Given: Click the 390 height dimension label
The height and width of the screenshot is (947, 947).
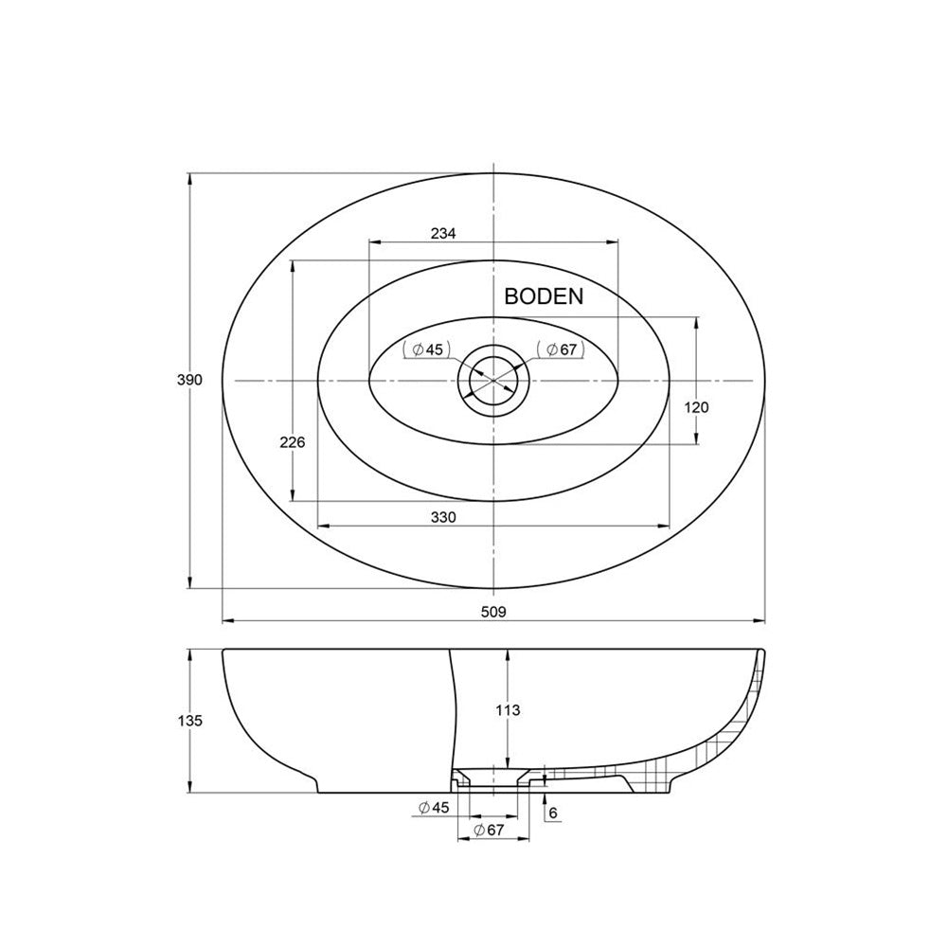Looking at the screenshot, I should coord(189,380).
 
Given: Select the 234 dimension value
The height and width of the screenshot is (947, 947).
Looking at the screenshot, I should coord(444,233).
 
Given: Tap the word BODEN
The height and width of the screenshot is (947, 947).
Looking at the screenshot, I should coord(544,295).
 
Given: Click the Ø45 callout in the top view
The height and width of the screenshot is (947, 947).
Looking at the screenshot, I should coord(426,349).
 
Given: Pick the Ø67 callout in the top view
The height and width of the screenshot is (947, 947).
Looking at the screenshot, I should coord(559,349).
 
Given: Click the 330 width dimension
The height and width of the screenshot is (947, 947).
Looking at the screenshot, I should coord(443,517).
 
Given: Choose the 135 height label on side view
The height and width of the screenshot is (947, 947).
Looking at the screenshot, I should coord(189,721).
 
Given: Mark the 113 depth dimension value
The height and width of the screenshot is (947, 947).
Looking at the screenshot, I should coord(508,709).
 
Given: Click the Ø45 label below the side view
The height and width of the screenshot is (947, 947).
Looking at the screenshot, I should coord(433,807).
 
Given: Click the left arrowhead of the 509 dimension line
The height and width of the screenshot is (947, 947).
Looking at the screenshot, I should coord(225,621).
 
